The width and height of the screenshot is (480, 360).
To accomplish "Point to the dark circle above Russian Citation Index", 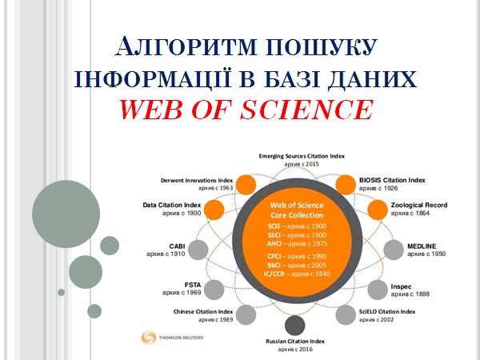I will [x=295, y=325].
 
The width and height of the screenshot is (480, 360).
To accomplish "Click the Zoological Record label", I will [x=419, y=205].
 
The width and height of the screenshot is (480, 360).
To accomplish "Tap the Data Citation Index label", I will [x=171, y=205].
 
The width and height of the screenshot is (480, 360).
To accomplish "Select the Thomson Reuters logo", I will [x=173, y=337].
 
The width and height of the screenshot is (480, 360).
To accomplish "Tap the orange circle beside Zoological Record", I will [x=378, y=210].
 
